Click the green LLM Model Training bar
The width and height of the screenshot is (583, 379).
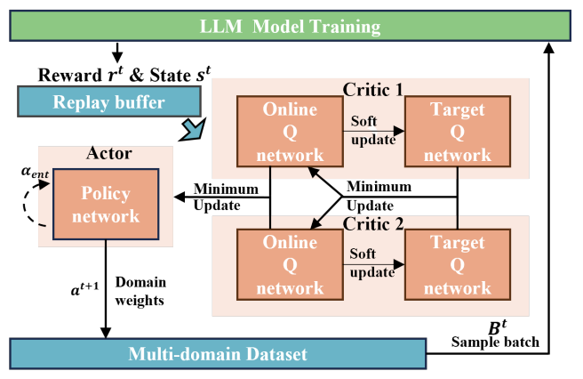290,26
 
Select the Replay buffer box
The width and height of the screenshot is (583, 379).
109,101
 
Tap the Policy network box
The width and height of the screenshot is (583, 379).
106,204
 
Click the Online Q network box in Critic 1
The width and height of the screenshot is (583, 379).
290,132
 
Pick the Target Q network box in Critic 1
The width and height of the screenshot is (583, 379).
458,132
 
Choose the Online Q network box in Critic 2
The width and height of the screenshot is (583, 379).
290,265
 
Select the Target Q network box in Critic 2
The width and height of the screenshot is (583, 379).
458,265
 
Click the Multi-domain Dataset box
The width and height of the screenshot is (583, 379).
218,354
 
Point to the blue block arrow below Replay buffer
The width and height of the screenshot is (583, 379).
194,130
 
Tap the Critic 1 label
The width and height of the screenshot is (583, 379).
373,89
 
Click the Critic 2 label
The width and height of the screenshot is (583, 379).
373,223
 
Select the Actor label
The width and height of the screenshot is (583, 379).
109,153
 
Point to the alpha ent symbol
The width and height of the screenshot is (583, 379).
35,172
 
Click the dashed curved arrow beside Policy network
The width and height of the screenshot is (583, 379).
24,204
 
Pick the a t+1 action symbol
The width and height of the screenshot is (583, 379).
84,288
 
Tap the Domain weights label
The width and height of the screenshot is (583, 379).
140,291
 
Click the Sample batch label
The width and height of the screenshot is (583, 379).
495,342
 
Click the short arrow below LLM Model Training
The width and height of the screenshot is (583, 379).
117,52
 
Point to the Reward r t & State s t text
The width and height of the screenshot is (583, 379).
124,75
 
